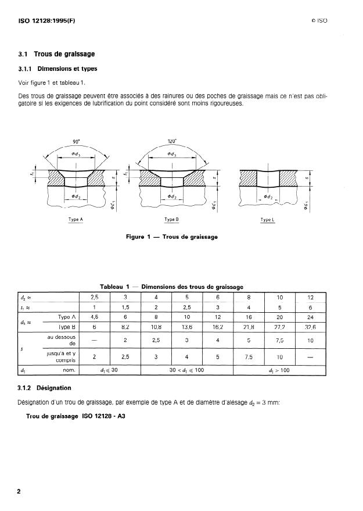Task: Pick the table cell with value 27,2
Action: [x=279, y=327]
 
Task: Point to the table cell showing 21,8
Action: [x=249, y=327]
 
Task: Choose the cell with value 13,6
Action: [x=187, y=327]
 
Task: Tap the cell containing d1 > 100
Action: [x=279, y=369]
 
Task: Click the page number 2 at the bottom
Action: [x=19, y=491]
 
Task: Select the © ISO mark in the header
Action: [x=319, y=21]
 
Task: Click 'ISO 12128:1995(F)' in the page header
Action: [x=43, y=21]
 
